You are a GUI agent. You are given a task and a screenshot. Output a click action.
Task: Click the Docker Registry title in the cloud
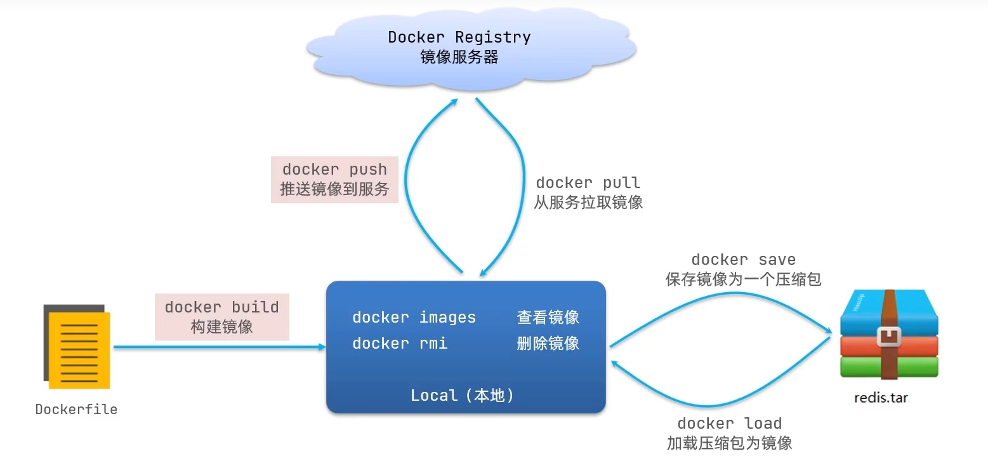tap(459, 37)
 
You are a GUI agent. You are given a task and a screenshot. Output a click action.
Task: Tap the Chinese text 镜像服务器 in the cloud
tap(459, 57)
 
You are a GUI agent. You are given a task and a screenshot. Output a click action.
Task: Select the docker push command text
tap(334, 170)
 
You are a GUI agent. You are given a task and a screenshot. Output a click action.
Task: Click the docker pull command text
tap(588, 183)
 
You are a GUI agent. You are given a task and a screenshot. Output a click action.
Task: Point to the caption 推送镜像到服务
tap(334, 189)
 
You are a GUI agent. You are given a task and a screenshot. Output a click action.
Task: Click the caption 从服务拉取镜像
tap(588, 203)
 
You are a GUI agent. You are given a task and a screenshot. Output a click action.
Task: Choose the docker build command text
tap(221, 307)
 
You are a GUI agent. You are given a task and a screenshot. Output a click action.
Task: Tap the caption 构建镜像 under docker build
tap(221, 327)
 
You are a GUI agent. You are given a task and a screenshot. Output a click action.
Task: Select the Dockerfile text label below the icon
tap(76, 410)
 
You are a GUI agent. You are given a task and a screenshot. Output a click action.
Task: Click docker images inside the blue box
tap(414, 318)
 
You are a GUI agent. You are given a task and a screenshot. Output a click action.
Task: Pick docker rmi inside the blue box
tap(400, 344)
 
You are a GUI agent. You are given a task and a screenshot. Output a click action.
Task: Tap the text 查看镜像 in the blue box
tap(548, 318)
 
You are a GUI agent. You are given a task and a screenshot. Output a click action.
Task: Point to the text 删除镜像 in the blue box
tap(548, 344)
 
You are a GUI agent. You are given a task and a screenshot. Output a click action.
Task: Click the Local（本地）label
tap(462, 396)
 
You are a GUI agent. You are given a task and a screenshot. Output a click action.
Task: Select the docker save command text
tap(743, 260)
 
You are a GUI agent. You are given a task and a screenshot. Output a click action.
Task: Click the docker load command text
tap(729, 424)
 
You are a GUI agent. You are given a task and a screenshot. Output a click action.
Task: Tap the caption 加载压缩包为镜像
tap(729, 443)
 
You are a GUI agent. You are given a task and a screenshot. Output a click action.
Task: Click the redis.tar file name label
tap(882, 398)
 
